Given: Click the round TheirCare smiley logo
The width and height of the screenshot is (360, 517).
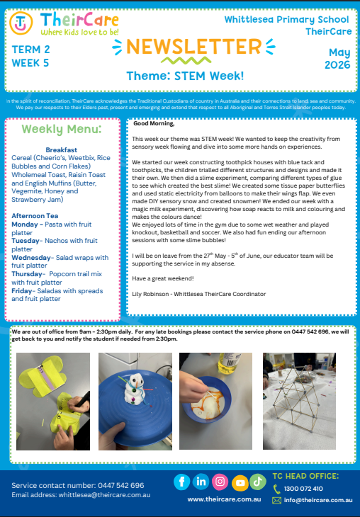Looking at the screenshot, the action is tap(21, 23).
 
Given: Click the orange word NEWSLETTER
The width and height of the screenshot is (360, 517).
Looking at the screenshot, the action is tap(193, 47).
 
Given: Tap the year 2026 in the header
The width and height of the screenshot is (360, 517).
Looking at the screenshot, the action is tap(337, 65).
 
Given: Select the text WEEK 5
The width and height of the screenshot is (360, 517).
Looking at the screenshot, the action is tap(30, 63).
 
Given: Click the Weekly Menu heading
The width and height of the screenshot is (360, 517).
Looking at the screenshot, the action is tap(62, 129).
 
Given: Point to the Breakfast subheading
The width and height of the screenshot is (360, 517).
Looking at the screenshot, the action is tap(62, 149).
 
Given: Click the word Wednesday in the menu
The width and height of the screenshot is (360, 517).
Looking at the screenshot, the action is tap(31, 258).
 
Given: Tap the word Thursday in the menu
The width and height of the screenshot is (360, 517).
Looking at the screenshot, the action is tap(27, 274).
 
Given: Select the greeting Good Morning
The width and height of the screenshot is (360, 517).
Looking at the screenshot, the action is tap(154, 124).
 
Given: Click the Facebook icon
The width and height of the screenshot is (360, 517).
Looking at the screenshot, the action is tap(182, 482).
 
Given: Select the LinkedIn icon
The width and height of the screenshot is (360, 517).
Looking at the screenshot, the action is tap(201, 482).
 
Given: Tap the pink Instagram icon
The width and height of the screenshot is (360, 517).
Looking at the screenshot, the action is tap(220, 482).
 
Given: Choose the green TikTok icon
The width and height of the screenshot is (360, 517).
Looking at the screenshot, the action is tap(258, 482).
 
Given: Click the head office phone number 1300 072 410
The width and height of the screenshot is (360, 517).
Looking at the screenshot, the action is tap(303, 489).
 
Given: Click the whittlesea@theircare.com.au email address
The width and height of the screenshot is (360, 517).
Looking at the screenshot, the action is tap(104, 495).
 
